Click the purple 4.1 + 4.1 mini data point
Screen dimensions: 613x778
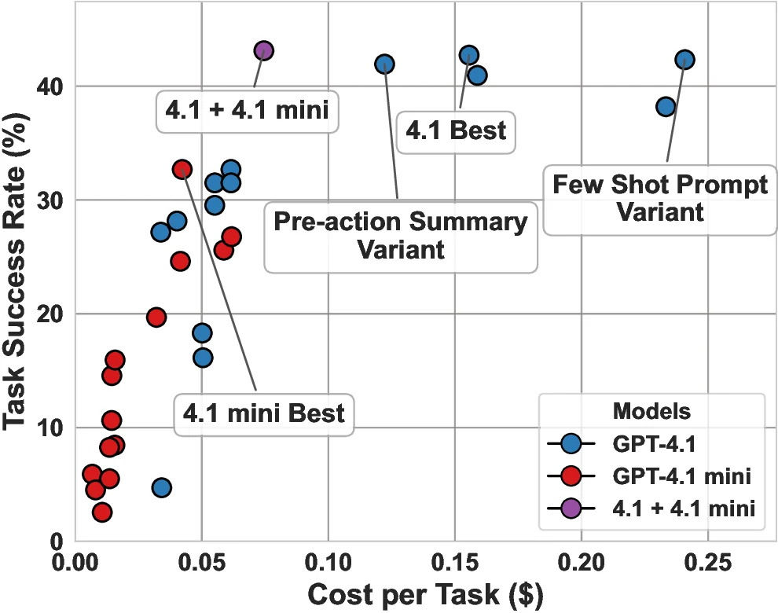coord(263,50)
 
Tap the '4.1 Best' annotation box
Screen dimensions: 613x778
coord(456,130)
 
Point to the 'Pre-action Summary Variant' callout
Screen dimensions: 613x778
coord(400,236)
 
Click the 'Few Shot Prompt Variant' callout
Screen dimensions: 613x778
coord(660,199)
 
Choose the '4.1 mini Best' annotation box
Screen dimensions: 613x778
coord(264,413)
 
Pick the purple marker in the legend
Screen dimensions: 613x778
coord(571,508)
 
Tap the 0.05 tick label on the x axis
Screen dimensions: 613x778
coord(202,564)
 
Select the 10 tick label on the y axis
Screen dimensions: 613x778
coord(46,428)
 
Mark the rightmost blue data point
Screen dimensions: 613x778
coord(684,60)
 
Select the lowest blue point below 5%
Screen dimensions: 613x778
coord(161,487)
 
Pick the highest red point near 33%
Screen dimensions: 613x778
coord(182,169)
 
